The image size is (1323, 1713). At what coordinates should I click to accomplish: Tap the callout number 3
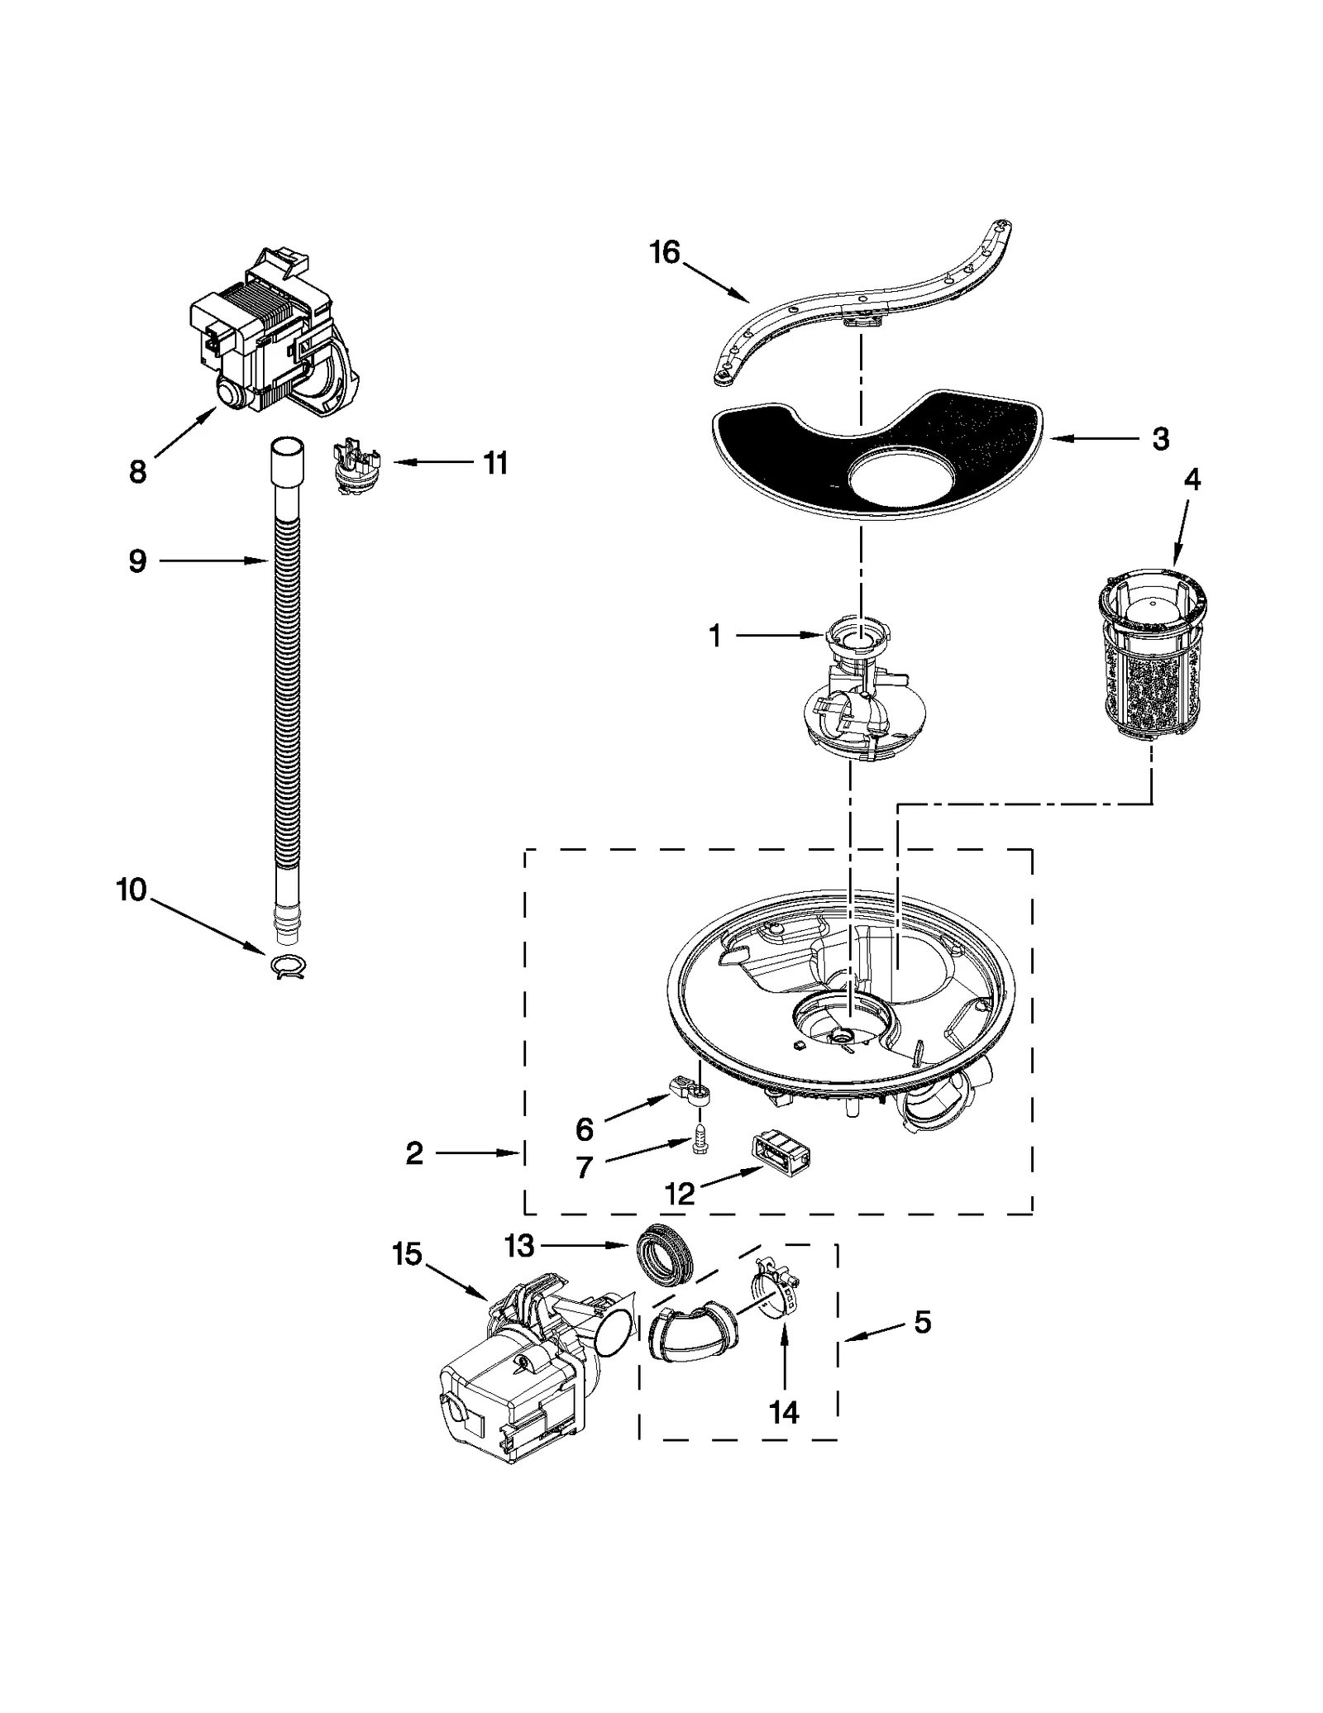coord(1160,439)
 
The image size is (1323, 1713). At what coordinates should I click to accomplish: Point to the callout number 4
coord(1192,479)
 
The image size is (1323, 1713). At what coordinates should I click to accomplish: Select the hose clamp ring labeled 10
coord(287,966)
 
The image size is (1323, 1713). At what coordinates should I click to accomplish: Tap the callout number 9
coord(137,561)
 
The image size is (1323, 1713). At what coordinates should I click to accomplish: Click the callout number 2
coord(414,1152)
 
